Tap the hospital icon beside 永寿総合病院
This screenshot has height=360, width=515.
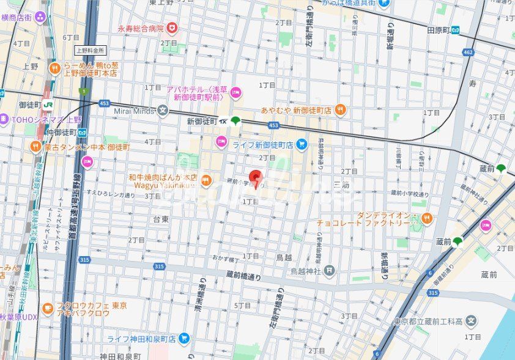[x=172, y=28]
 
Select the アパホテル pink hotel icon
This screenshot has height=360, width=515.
[x=235, y=93]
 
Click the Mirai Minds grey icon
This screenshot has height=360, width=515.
[x=162, y=111]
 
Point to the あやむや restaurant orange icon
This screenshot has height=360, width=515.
[x=341, y=110]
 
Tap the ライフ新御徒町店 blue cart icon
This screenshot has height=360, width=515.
[x=301, y=144]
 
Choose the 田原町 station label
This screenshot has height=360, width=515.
[x=439, y=30]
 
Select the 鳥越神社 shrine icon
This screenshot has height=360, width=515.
[x=330, y=270]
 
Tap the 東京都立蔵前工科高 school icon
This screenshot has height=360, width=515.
[x=471, y=320]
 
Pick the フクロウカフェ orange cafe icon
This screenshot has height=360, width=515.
[x=48, y=309]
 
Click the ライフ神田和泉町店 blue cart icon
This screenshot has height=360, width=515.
[x=184, y=338]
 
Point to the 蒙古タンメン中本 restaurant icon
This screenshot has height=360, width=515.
[x=35, y=147]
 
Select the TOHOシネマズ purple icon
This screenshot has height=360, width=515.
[x=3, y=119]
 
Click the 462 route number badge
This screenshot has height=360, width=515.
[x=469, y=53]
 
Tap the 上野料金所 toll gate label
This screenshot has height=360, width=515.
[x=91, y=50]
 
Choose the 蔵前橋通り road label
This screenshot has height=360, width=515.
[x=243, y=276]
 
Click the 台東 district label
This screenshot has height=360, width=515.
[x=161, y=219]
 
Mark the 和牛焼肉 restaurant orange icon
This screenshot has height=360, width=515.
[x=206, y=180]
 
